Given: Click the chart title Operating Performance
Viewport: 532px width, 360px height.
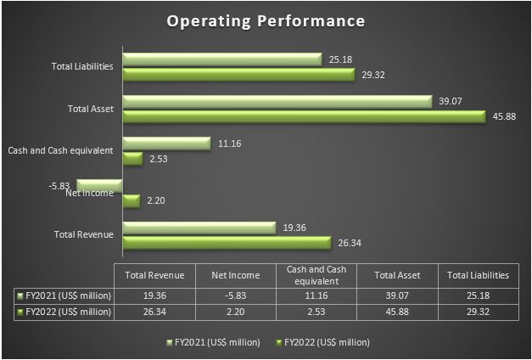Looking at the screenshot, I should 266,20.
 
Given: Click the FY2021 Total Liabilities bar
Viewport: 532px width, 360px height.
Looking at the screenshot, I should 222,59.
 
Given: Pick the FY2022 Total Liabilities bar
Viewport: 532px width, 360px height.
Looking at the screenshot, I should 238,75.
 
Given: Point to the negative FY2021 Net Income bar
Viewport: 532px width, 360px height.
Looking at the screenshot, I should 100,184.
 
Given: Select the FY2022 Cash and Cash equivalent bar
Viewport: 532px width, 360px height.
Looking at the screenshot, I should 132,158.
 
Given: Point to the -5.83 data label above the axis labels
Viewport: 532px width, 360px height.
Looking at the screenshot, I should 61,183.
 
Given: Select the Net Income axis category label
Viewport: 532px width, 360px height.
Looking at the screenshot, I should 90,194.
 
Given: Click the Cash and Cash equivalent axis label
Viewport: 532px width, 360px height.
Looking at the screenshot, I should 60,150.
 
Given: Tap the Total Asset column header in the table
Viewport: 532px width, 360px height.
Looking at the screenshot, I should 396,275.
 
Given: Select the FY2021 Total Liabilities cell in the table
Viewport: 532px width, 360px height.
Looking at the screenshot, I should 478,295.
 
